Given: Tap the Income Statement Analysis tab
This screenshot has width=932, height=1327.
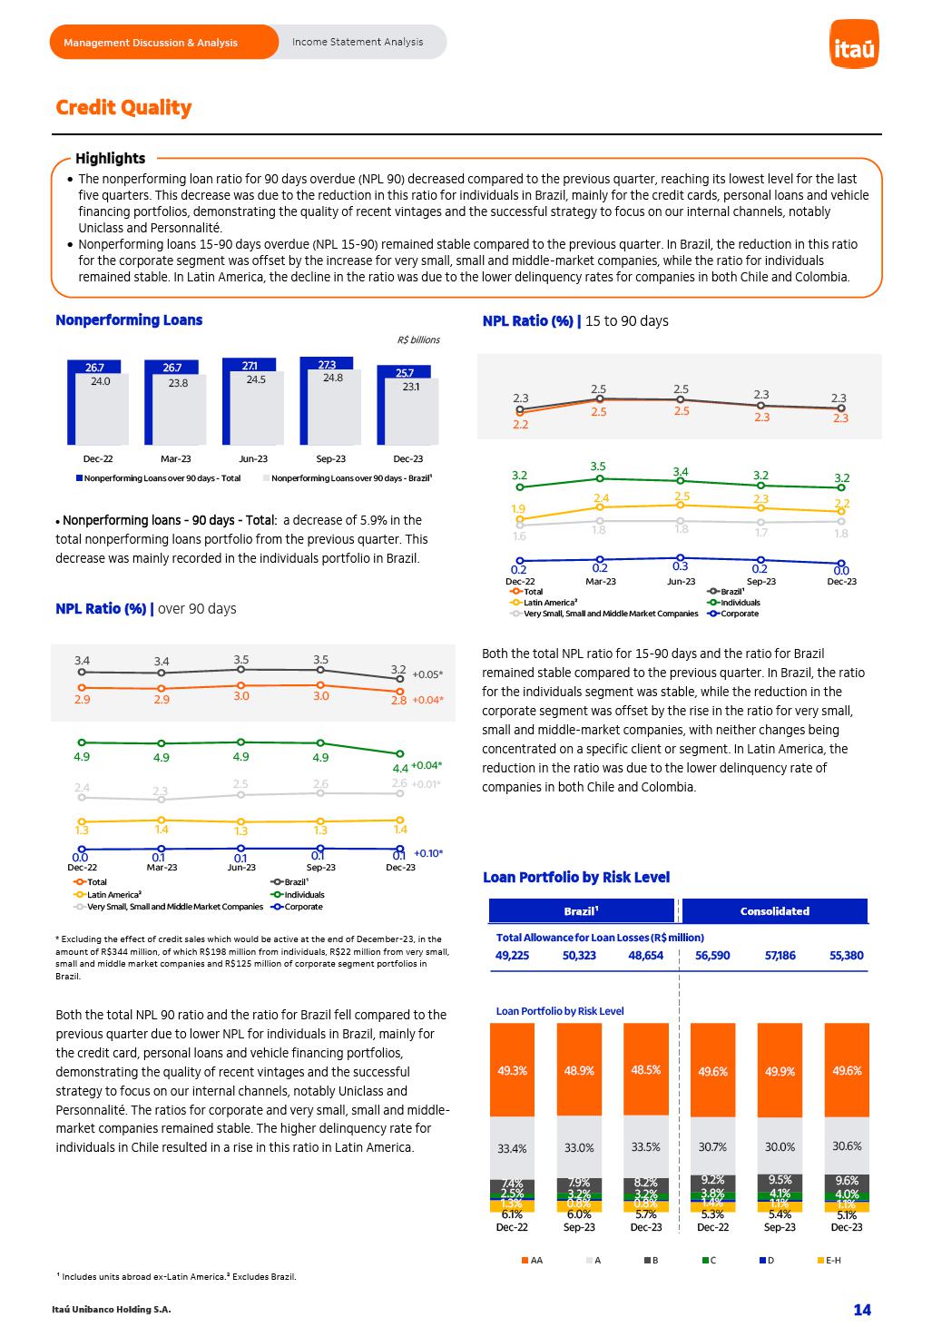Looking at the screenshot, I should pos(358,42).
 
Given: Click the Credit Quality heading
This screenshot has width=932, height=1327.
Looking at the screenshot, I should pos(123,107).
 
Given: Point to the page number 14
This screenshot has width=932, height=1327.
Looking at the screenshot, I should pos(861,1309).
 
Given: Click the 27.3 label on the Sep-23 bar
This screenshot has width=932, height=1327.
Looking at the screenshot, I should pos(327,365).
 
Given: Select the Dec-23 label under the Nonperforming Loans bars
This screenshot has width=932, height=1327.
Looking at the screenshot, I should pos(408,459).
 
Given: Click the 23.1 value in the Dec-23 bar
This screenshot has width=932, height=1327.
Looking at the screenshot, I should pos(411,387).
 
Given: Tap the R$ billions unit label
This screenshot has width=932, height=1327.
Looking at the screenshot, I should pos(418,340).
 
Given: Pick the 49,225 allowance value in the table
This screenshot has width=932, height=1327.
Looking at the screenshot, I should pos(512,956).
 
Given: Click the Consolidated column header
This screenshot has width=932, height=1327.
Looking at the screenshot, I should pos(774,911).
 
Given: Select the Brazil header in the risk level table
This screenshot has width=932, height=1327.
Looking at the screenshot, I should pos(582,911).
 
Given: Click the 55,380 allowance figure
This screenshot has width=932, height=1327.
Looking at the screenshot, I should pos(847,956).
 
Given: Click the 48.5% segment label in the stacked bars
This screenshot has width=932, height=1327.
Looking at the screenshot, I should pos(646,1070).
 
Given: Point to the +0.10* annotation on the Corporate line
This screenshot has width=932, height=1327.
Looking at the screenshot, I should pos(428,853).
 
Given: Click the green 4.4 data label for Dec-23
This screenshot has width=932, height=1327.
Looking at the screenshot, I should pos(400,769).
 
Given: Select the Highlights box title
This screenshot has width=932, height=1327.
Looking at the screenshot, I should pos(110,158).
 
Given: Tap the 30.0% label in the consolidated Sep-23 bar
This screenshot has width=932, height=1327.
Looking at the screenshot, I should pos(780,1147).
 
